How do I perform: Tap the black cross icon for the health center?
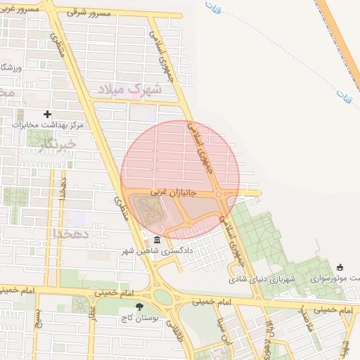pyautogui.click(x=47, y=113)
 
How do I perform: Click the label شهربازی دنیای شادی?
pyautogui.click(x=262, y=279)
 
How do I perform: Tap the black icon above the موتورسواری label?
pyautogui.click(x=340, y=267)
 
